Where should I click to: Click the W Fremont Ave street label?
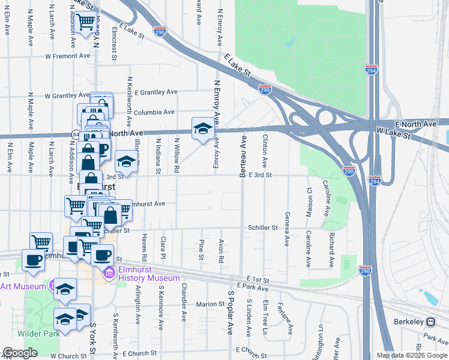(x=67, y=56)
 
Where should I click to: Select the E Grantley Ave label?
(x=156, y=92)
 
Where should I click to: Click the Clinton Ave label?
(x=265, y=151)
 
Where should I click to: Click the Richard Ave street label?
(x=331, y=250)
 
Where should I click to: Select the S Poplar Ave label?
(x=230, y=313)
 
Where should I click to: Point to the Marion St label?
(x=209, y=304)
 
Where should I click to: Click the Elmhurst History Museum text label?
(x=148, y=274)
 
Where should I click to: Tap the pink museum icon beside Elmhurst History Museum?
(x=109, y=274)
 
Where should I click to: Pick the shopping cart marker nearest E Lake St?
(x=86, y=22)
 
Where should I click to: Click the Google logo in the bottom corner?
(x=20, y=353)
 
